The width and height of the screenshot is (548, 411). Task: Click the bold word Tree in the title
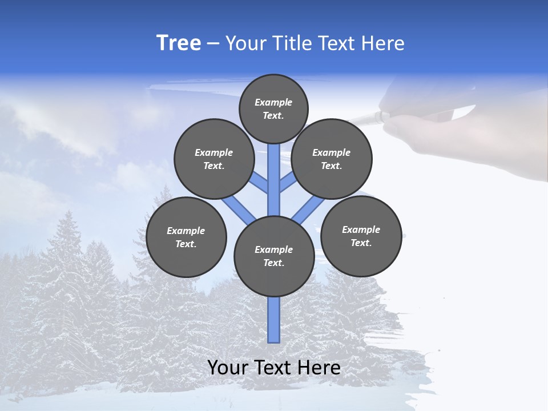click(x=179, y=43)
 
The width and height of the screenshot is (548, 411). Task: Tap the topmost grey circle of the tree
click(x=273, y=108)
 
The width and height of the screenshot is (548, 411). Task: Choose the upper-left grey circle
click(x=214, y=159)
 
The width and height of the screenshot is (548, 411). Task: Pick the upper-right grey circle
click(x=332, y=159)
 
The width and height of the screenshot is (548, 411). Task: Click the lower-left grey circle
click(x=186, y=237)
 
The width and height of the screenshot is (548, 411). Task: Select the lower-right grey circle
click(x=361, y=236)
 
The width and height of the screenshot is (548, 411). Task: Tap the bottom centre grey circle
click(x=274, y=256)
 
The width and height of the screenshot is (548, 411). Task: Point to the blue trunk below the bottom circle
click(x=274, y=320)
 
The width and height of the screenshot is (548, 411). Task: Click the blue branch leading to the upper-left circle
click(x=260, y=183)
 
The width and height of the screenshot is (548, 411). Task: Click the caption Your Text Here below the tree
click(x=274, y=368)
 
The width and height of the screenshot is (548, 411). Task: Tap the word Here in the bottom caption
click(x=319, y=368)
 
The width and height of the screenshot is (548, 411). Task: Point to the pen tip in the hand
click(x=353, y=120)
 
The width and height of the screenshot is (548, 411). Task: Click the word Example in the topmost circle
click(x=273, y=102)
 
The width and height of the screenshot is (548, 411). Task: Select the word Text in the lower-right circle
click(x=360, y=243)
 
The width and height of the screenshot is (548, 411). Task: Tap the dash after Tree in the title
click(x=213, y=43)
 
